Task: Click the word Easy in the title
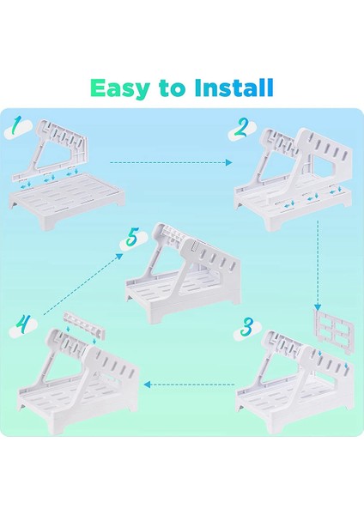pyautogui.click(x=119, y=88)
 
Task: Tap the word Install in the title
pyautogui.click(x=234, y=88)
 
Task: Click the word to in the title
pyautogui.click(x=171, y=88)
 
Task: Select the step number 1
pyautogui.click(x=15, y=126)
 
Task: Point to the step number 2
pyautogui.click(x=240, y=128)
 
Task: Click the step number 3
pyautogui.click(x=246, y=327)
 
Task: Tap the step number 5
pyautogui.click(x=132, y=238)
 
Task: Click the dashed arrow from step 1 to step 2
pyautogui.click(x=171, y=162)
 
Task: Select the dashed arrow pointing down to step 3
pyautogui.click(x=318, y=265)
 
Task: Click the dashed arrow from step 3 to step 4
pyautogui.click(x=189, y=384)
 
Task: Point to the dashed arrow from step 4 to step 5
pyautogui.click(x=83, y=284)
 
